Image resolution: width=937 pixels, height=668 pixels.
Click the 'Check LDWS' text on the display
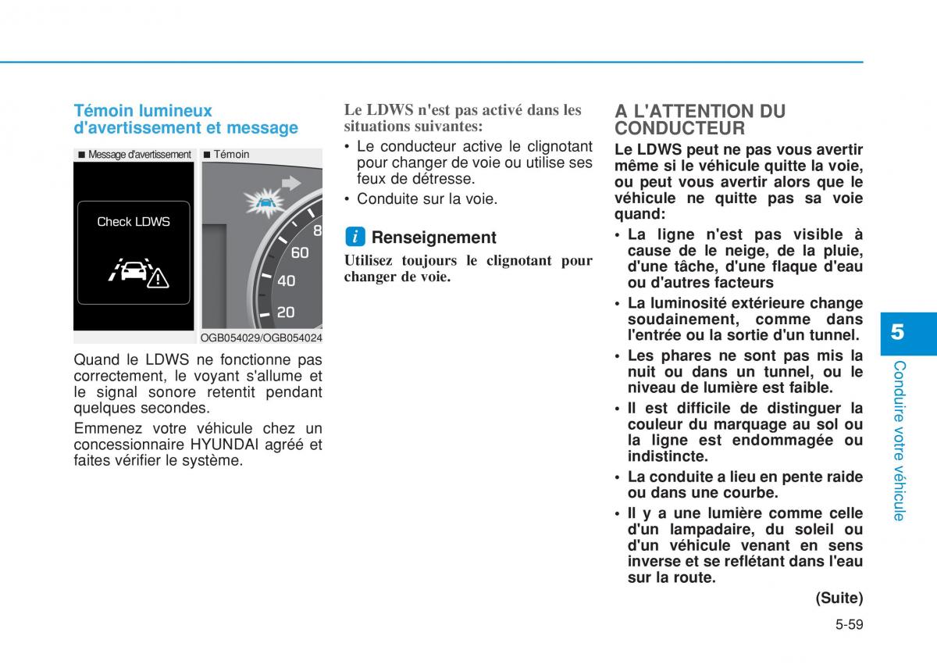pyautogui.click(x=134, y=222)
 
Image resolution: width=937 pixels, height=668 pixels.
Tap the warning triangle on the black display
pyautogui.click(x=158, y=277)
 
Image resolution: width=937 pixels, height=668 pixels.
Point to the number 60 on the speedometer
pyautogui.click(x=299, y=252)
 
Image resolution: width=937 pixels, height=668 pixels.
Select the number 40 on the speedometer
pyautogui.click(x=286, y=280)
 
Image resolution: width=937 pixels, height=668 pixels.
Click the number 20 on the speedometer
pyautogui.click(x=286, y=313)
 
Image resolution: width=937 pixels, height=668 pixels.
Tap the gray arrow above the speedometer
pyautogui.click(x=291, y=183)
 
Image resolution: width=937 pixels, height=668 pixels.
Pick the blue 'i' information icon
pyautogui.click(x=354, y=237)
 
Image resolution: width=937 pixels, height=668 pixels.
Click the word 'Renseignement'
pyautogui.click(x=433, y=238)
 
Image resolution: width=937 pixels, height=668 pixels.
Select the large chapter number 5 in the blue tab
pyautogui.click(x=898, y=331)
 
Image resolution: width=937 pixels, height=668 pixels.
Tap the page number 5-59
pyautogui.click(x=848, y=624)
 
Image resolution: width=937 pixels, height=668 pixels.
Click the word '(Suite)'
pyautogui.click(x=839, y=598)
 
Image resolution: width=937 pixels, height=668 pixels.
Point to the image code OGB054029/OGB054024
pyautogui.click(x=261, y=338)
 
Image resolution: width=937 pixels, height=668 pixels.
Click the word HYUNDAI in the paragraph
pyautogui.click(x=228, y=445)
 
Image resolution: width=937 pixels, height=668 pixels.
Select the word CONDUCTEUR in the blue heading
pyautogui.click(x=679, y=128)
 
